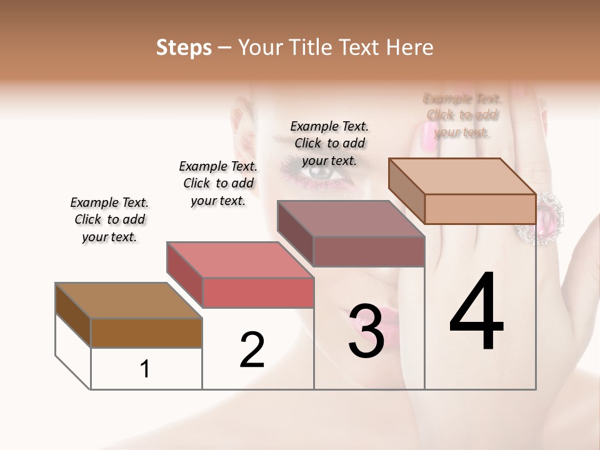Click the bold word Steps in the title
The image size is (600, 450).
(x=184, y=47)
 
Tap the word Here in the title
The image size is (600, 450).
(x=409, y=47)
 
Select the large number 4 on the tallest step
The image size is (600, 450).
(x=476, y=312)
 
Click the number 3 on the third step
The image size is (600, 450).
(x=366, y=332)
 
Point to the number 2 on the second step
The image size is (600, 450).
(x=252, y=349)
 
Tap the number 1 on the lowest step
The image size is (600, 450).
(x=145, y=369)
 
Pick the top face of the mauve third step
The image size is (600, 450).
(x=350, y=219)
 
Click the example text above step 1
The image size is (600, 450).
(x=109, y=219)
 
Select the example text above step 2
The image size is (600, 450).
(x=218, y=183)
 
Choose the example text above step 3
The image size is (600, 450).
(x=329, y=143)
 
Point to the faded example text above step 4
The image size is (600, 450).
(x=462, y=115)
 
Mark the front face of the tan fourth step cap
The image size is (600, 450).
(x=480, y=209)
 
